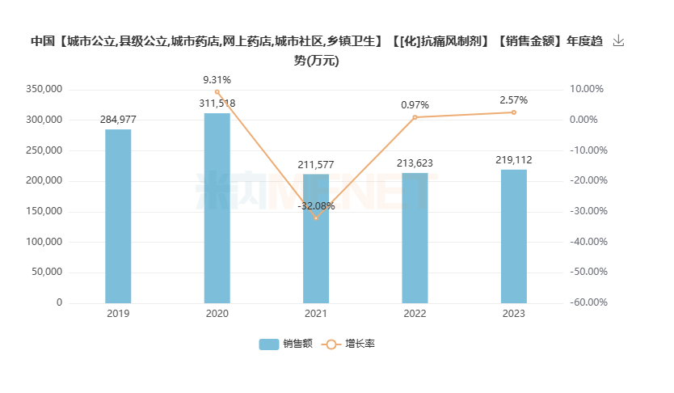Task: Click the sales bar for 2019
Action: click(x=118, y=216)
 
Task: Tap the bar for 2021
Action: click(x=316, y=239)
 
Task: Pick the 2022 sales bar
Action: click(x=415, y=238)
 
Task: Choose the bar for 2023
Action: click(x=514, y=236)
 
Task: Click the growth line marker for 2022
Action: click(x=415, y=117)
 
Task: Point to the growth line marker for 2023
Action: click(x=514, y=112)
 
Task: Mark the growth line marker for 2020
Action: click(x=217, y=92)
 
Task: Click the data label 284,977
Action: click(x=118, y=120)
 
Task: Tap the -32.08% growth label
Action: click(x=316, y=206)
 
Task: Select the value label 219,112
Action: click(x=514, y=160)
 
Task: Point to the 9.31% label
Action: click(x=217, y=79)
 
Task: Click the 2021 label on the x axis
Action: click(x=316, y=314)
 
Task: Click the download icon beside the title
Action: click(x=619, y=40)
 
